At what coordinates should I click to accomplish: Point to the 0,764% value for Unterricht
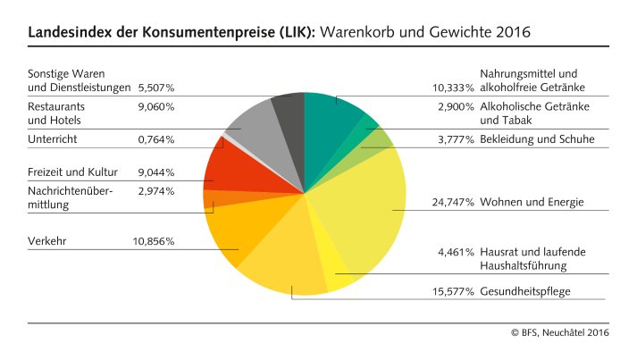coord(156,139)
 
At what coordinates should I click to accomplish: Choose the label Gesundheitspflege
coord(525,291)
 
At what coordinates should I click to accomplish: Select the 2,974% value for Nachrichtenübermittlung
coord(156,190)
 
